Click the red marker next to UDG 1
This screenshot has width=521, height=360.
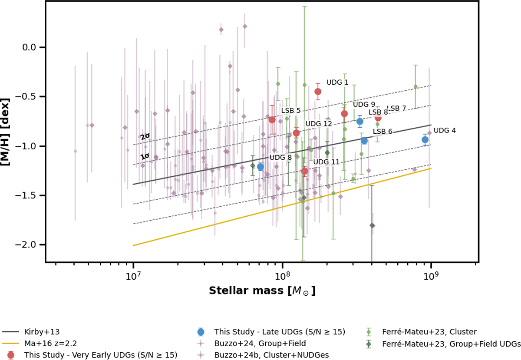point(318,91)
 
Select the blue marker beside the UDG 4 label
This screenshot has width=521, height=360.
point(425,139)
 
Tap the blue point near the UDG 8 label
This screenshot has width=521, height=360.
point(260,166)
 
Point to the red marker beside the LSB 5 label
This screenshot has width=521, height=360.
point(272,119)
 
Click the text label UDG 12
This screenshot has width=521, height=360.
point(318,124)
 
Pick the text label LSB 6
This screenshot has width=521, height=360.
point(383,132)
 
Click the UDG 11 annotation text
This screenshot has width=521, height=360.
point(326,162)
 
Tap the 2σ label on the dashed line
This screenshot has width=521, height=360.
point(145,136)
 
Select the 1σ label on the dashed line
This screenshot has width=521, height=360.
point(145,157)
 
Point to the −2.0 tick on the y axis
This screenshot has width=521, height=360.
point(27,245)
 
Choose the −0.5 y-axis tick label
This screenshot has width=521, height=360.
point(27,96)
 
